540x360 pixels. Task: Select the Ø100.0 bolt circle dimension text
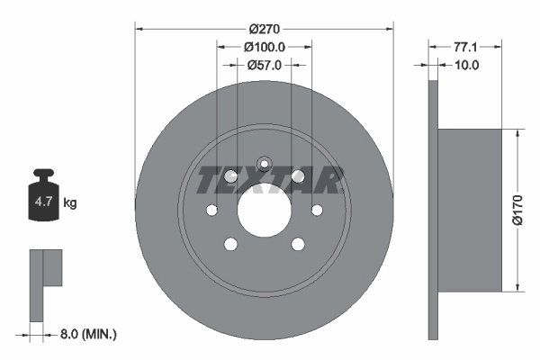click(x=265, y=47)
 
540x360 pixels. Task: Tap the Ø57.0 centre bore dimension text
click(x=265, y=65)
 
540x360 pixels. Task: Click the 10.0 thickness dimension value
click(x=466, y=65)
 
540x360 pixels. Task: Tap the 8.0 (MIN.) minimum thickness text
click(x=88, y=334)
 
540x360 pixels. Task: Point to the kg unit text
click(x=70, y=203)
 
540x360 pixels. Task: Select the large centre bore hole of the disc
click(x=265, y=211)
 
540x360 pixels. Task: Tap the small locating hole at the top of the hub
click(x=265, y=164)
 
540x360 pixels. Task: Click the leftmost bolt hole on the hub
click(x=212, y=211)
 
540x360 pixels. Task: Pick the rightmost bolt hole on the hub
click(x=317, y=211)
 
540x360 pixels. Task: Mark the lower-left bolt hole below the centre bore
click(x=231, y=243)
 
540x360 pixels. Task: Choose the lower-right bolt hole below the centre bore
click(x=298, y=243)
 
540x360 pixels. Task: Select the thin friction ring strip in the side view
click(x=433, y=210)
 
